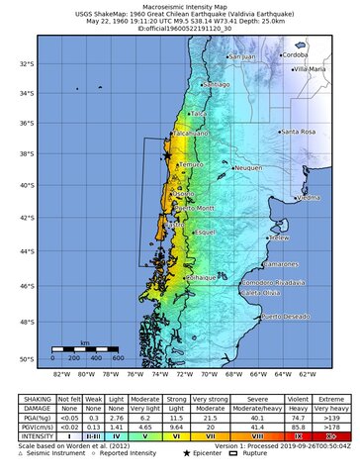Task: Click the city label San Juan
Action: (x=243, y=57)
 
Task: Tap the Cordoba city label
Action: (x=295, y=55)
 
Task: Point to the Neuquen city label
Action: (x=248, y=168)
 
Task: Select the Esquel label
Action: (x=205, y=232)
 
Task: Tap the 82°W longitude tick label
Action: (x=60, y=375)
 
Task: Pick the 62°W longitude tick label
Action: (x=308, y=375)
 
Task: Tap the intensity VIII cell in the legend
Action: (x=249, y=433)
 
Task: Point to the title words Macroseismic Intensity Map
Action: (x=179, y=5)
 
